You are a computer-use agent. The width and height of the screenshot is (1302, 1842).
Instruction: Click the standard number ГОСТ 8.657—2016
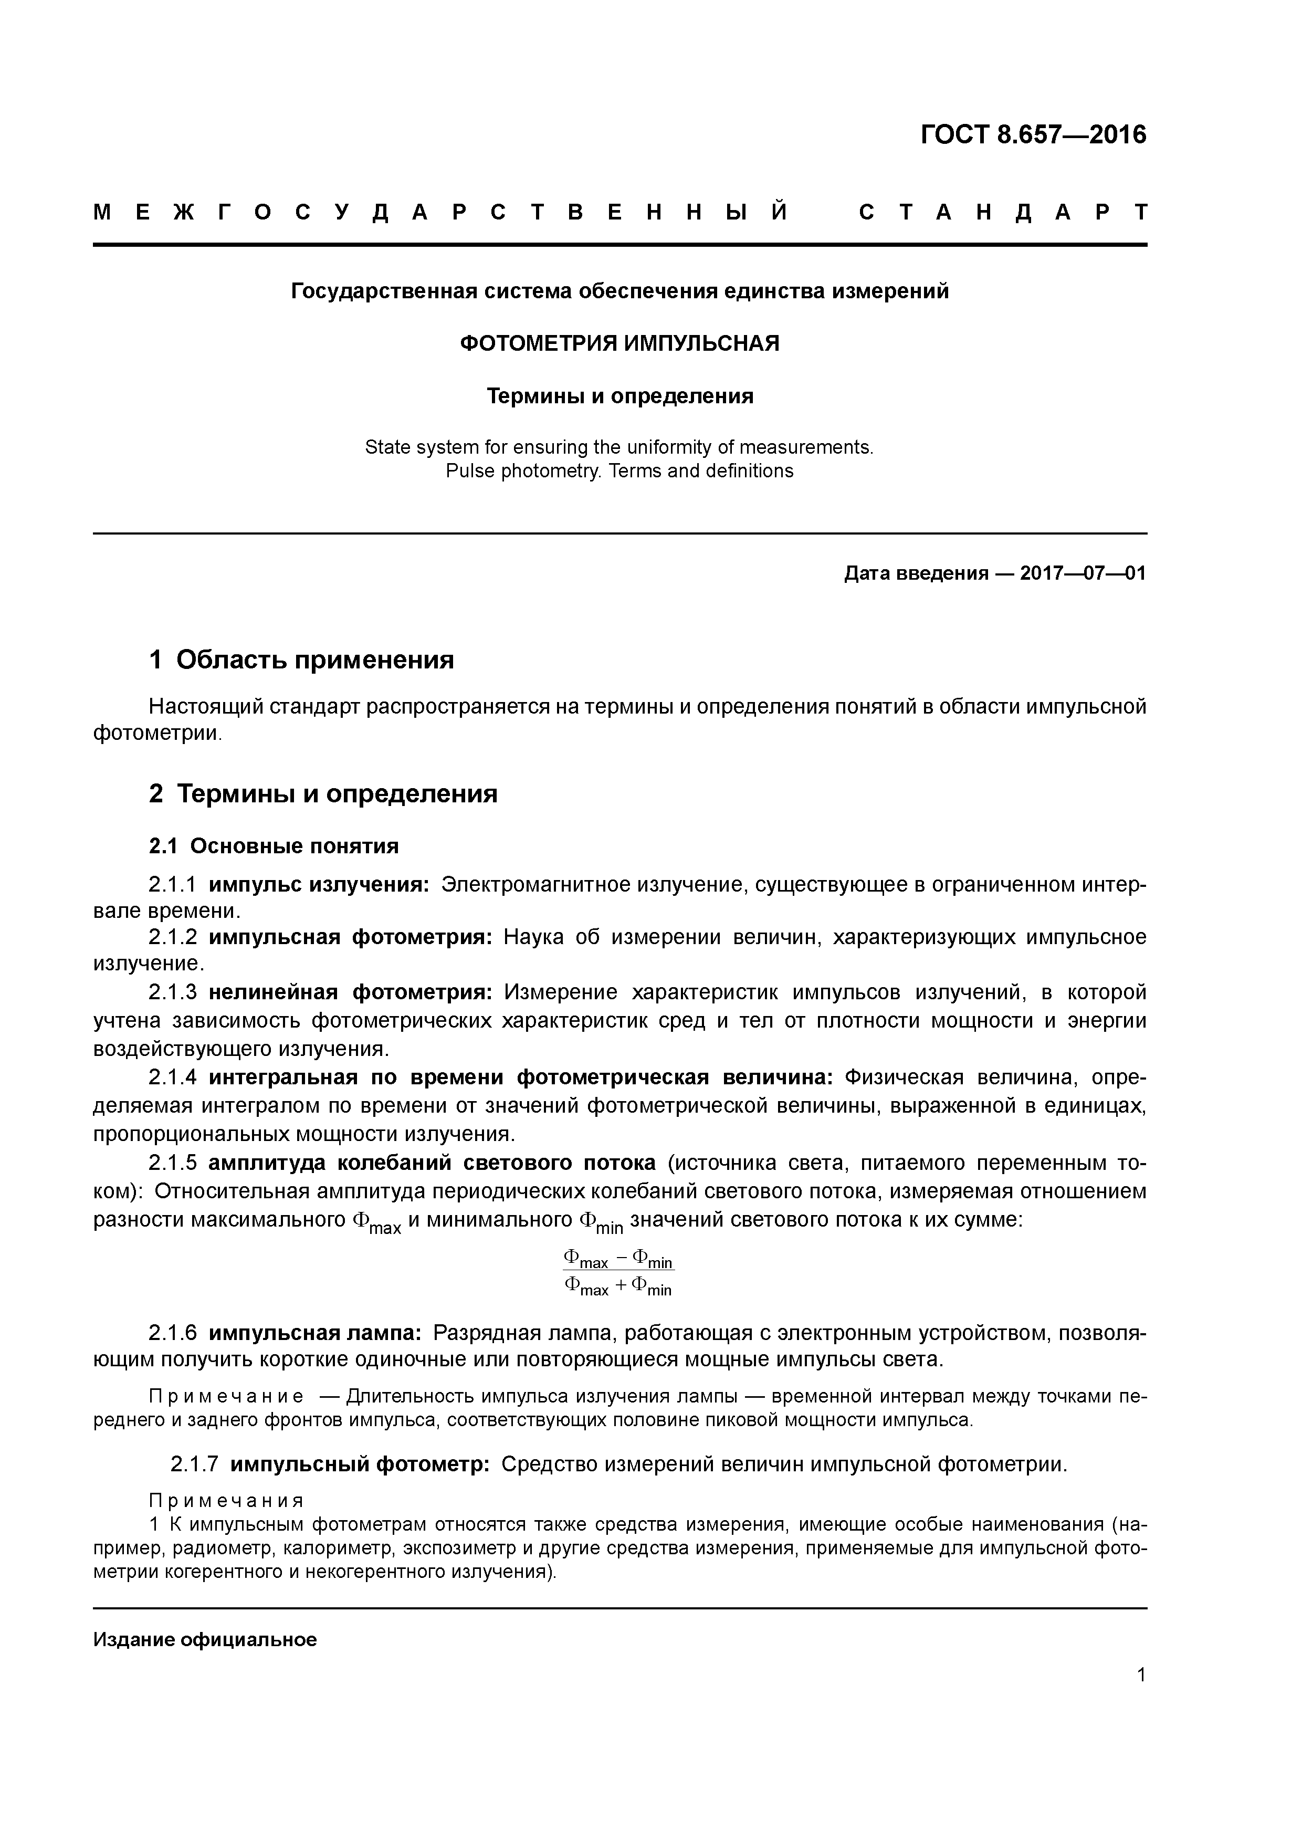pyautogui.click(x=1033, y=135)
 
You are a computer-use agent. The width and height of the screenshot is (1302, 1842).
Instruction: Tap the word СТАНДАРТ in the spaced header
pyautogui.click(x=1003, y=213)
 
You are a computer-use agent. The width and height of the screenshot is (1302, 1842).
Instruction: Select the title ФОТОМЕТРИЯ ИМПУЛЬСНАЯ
pyautogui.click(x=619, y=343)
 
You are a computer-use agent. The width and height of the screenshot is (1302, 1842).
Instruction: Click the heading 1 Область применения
pyautogui.click(x=302, y=660)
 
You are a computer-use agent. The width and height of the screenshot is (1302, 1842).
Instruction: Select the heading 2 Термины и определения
pyautogui.click(x=323, y=793)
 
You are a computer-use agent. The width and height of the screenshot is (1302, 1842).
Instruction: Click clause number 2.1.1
pyautogui.click(x=173, y=885)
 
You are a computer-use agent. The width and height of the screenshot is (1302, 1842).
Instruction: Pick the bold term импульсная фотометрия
pyautogui.click(x=351, y=937)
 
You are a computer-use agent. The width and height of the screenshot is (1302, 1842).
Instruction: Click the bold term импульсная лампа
pyautogui.click(x=316, y=1333)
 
